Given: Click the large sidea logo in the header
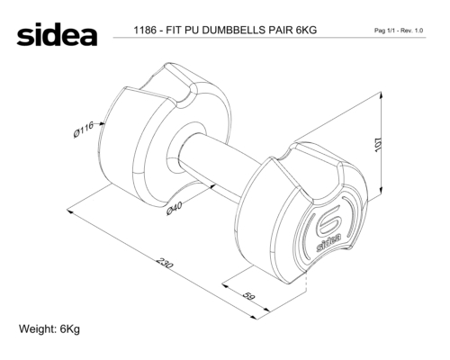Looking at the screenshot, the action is [57, 34].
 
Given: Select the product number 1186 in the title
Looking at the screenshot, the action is [145, 30].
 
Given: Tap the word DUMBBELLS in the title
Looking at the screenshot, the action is [232, 30].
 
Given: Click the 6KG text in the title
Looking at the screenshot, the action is [306, 30].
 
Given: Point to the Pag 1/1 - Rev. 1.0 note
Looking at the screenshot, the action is [399, 31].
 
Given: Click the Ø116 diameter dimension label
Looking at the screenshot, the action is [84, 130].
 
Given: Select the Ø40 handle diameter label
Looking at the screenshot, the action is [175, 209].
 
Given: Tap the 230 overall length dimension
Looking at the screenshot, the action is [165, 263].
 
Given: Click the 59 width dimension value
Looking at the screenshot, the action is [248, 296].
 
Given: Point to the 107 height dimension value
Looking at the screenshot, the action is [378, 145].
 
